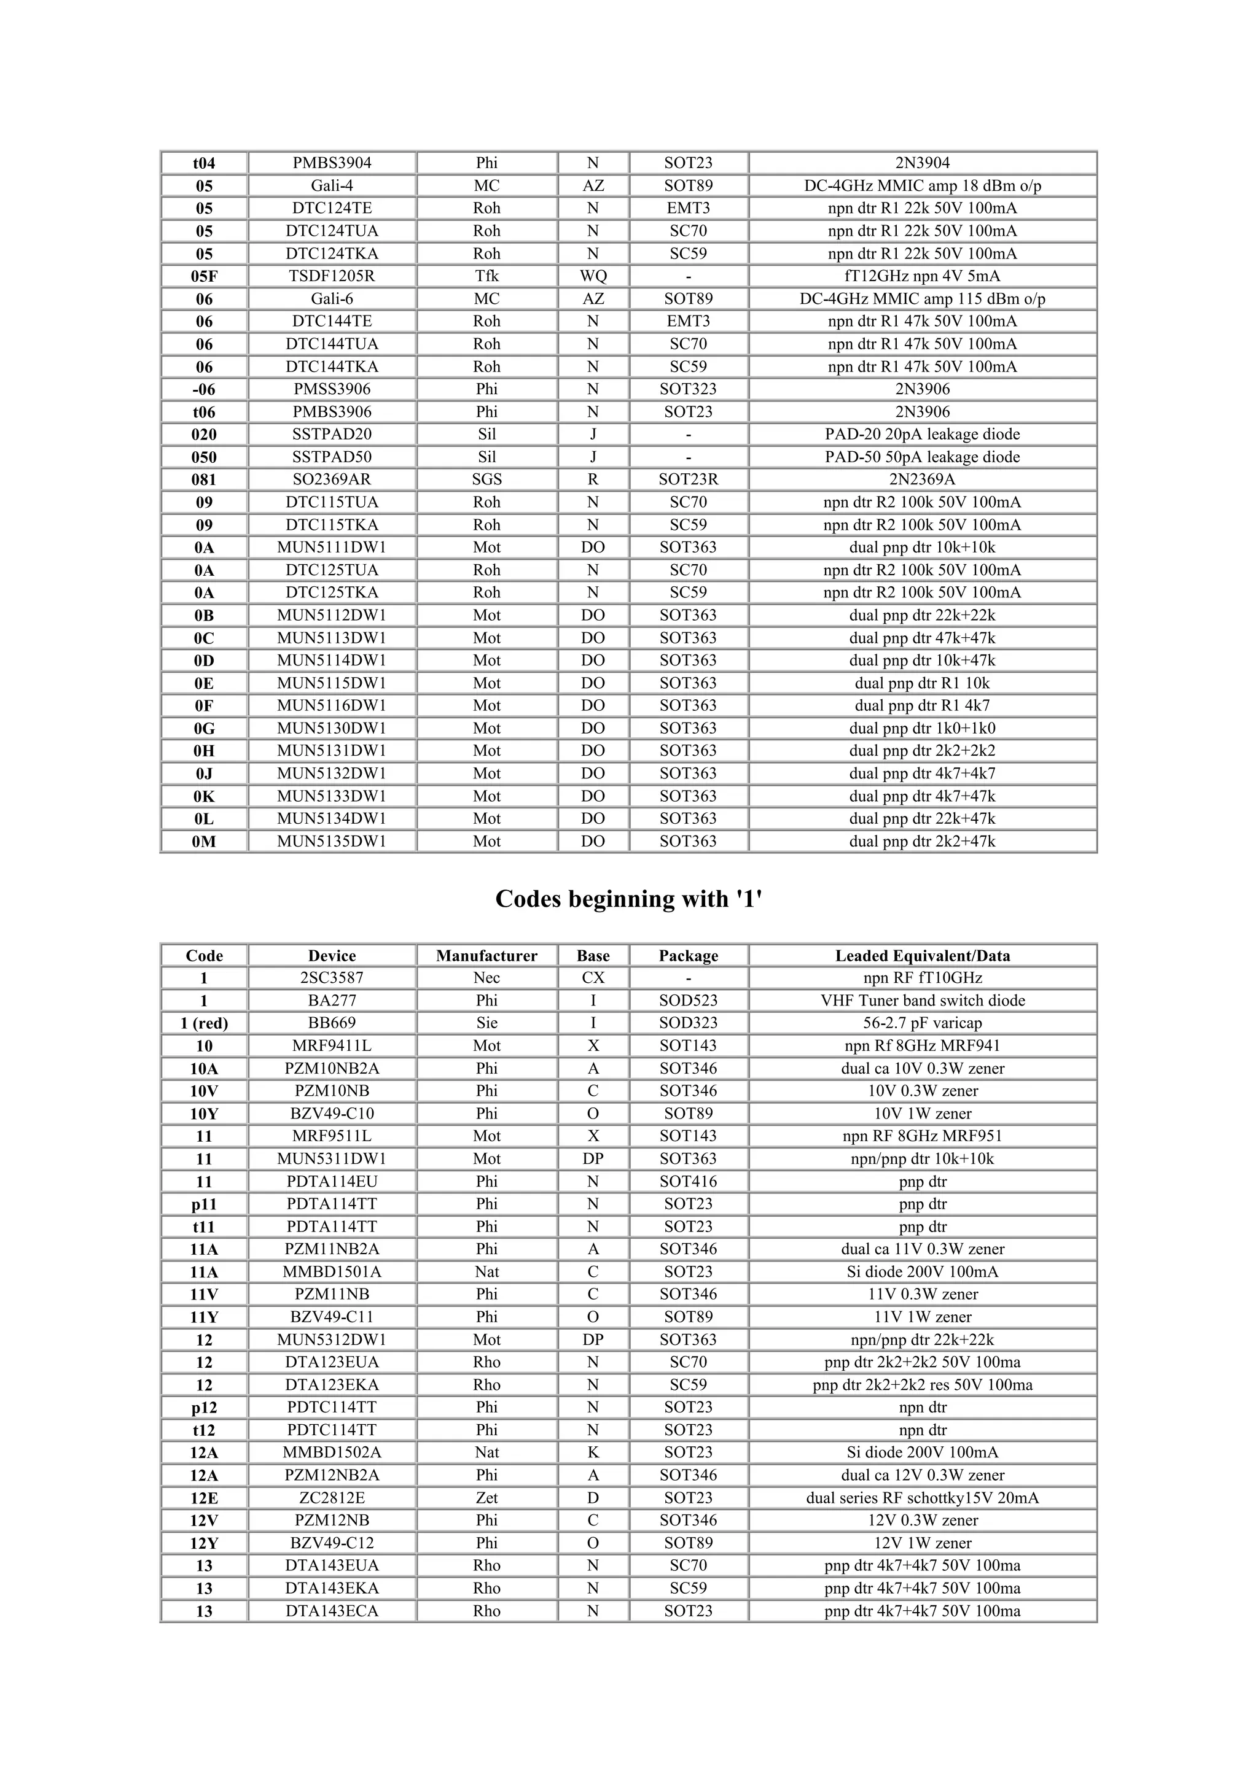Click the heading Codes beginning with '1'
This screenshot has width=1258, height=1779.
(x=628, y=899)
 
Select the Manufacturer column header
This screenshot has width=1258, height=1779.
(x=486, y=955)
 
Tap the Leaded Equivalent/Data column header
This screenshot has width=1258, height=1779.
(x=923, y=955)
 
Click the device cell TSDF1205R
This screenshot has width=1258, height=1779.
(x=332, y=276)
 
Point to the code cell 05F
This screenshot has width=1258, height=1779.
(x=204, y=276)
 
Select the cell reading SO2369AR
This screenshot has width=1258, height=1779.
(x=332, y=479)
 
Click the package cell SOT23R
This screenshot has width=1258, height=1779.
(x=689, y=479)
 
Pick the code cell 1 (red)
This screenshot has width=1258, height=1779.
(x=204, y=1023)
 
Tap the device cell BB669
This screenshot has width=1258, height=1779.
(x=332, y=1023)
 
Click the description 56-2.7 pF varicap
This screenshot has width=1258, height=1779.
(x=923, y=1023)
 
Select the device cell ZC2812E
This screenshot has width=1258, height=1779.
(x=332, y=1498)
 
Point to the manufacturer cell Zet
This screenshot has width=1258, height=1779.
(x=486, y=1498)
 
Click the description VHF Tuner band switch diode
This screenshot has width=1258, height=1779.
(x=923, y=1000)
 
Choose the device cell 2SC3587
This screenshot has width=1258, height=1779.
(x=332, y=978)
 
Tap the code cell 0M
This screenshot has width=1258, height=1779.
(x=204, y=842)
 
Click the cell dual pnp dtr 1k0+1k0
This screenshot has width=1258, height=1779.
(x=923, y=728)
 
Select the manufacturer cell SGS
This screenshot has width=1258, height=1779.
(x=486, y=479)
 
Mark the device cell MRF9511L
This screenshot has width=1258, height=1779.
(x=332, y=1136)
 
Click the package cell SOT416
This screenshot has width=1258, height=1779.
(x=689, y=1182)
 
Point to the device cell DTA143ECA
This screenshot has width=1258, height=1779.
(x=332, y=1611)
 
